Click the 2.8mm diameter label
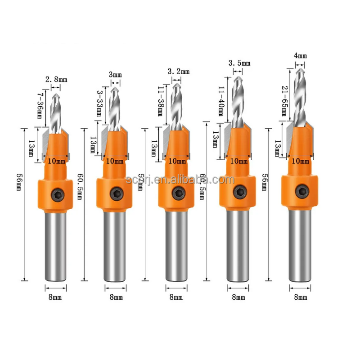coord(56,80)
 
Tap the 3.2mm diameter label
coord(179,71)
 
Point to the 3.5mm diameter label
coord(239,63)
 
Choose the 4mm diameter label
coord(300,56)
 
